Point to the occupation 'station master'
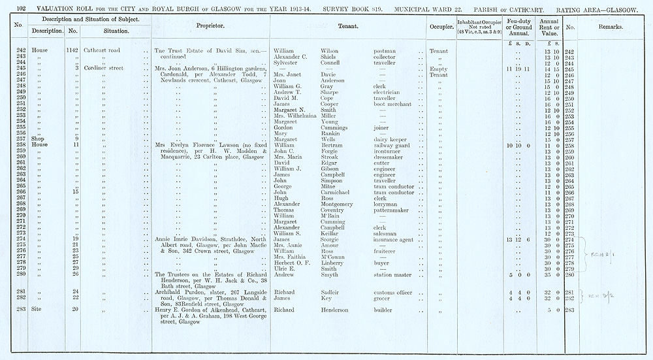[x=393, y=274]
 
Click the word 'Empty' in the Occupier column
[x=438, y=69]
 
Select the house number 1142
[x=72, y=51]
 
